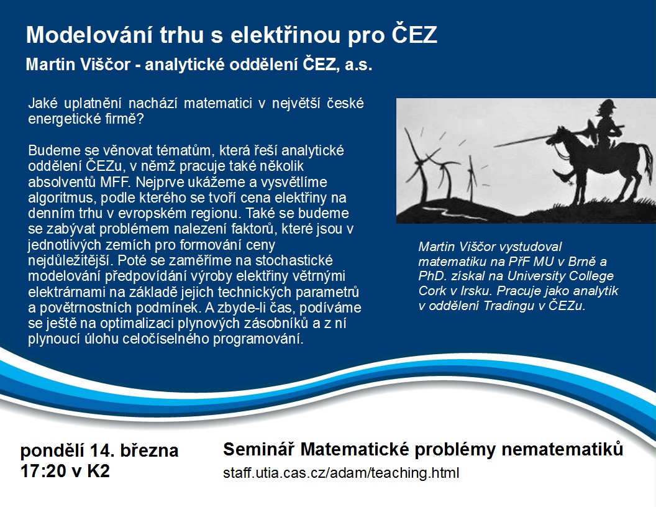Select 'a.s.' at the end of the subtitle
click(x=358, y=65)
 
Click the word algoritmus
click(x=62, y=198)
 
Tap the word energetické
click(x=59, y=119)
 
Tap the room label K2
click(x=98, y=472)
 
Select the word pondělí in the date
click(x=52, y=451)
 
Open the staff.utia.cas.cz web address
click(x=341, y=473)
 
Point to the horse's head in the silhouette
click(x=557, y=136)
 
